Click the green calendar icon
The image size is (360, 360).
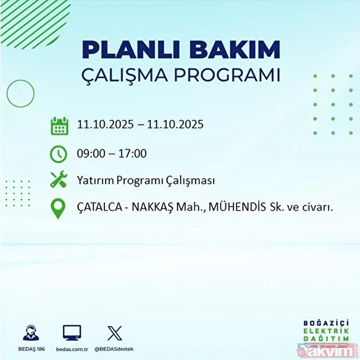pyautogui.click(x=59, y=126)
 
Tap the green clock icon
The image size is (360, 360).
pyautogui.click(x=59, y=154)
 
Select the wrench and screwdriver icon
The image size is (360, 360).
pyautogui.click(x=59, y=179)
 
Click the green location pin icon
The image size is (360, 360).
pyautogui.click(x=59, y=208)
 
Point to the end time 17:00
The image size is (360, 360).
pyautogui.click(x=132, y=154)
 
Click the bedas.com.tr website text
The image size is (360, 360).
pyautogui.click(x=71, y=348)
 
